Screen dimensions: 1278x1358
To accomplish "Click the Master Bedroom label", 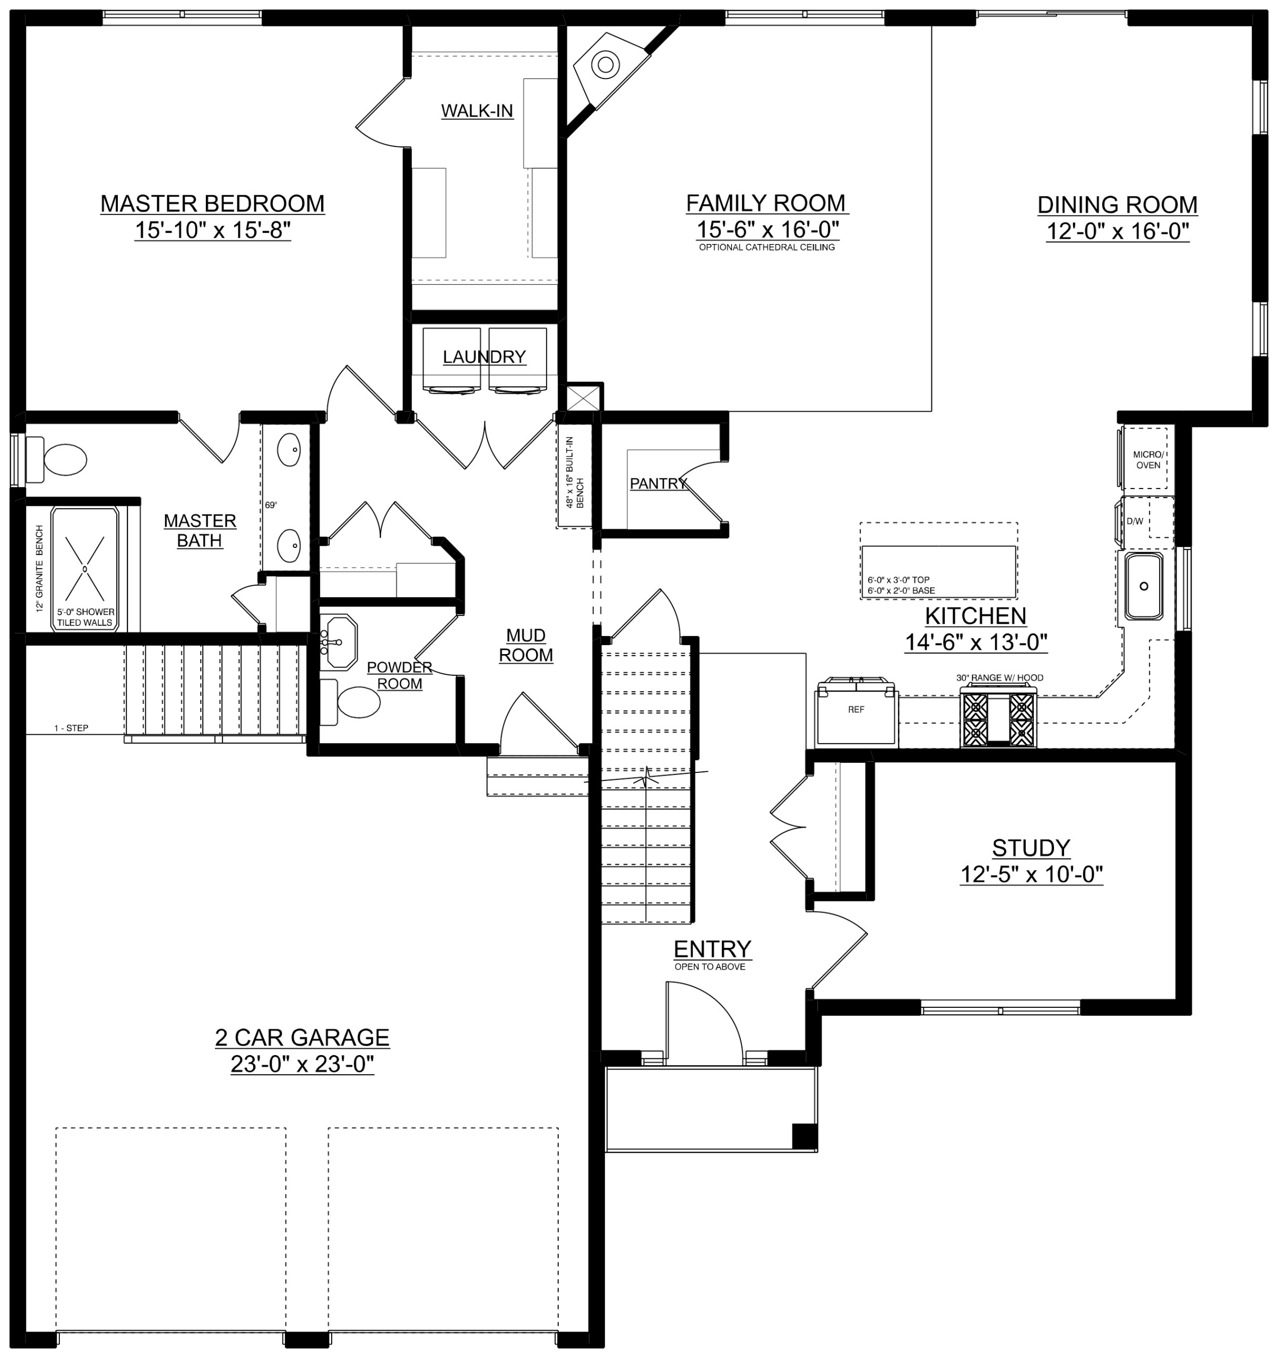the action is pyautogui.click(x=212, y=204).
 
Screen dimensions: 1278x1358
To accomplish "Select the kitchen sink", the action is pyautogui.click(x=1143, y=586).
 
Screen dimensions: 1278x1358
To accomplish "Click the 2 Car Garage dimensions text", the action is pyautogui.click(x=302, y=1065).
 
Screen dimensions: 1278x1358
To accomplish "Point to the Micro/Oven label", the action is pyautogui.click(x=1148, y=460).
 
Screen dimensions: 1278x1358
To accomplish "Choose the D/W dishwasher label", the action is pyautogui.click(x=1135, y=521).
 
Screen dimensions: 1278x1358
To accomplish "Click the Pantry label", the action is pyautogui.click(x=658, y=484).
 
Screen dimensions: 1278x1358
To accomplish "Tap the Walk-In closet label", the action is pyautogui.click(x=477, y=111).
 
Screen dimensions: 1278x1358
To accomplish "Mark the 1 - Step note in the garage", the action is pyautogui.click(x=72, y=728).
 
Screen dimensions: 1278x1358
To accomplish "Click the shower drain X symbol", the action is pyautogui.click(x=85, y=568).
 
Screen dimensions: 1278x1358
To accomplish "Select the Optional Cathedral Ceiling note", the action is pyautogui.click(x=767, y=247).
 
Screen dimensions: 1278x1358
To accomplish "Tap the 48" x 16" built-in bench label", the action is pyautogui.click(x=575, y=472).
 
